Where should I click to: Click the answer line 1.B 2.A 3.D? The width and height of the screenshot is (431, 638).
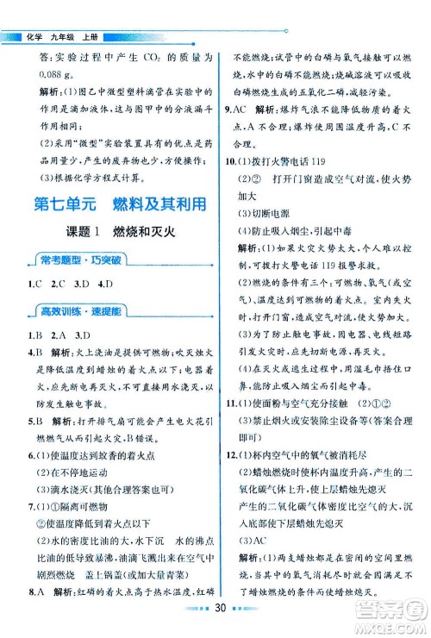59,357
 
